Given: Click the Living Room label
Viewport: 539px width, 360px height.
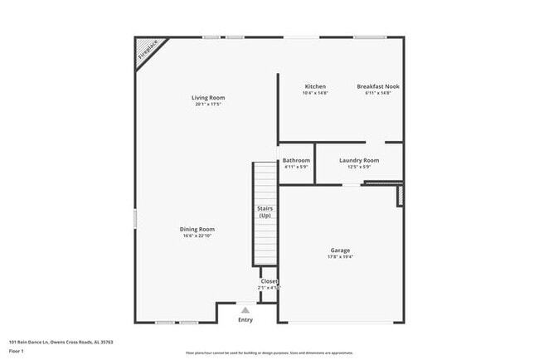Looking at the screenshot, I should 208,98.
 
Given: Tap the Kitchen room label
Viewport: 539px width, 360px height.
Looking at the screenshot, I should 315,86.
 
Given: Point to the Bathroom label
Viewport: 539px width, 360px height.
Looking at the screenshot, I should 296,160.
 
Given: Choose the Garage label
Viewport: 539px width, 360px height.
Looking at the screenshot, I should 340,251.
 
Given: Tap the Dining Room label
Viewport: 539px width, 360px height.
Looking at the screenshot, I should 197,229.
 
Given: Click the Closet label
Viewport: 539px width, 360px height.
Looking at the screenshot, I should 269,281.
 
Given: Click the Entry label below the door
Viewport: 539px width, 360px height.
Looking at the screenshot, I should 245,320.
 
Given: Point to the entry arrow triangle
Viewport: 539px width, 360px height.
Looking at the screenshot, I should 245,310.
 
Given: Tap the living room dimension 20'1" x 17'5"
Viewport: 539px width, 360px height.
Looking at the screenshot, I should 208,105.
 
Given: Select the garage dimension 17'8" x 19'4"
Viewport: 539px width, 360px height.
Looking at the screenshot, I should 340,257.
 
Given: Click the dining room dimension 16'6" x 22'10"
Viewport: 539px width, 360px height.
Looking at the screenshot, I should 197,236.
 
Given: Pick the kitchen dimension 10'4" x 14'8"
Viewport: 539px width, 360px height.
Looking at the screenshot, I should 315,93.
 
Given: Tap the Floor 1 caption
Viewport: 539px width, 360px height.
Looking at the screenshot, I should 17,351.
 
